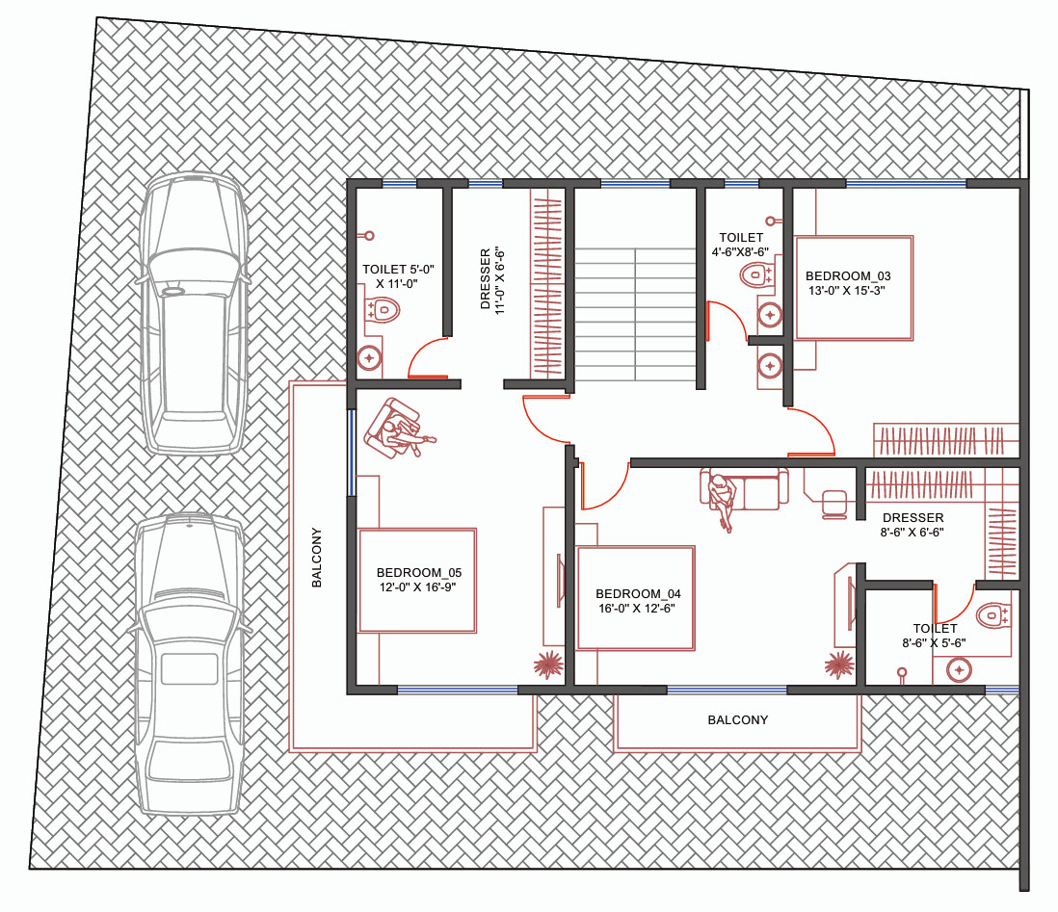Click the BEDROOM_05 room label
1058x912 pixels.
pyautogui.click(x=418, y=573)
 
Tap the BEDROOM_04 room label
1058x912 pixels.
pyautogui.click(x=638, y=593)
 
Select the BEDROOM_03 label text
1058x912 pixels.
pyautogui.click(x=848, y=275)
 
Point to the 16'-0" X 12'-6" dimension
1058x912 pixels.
pyautogui.click(x=636, y=609)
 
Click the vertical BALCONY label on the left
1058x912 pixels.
pyautogui.click(x=316, y=558)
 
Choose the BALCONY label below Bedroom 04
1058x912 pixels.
pyautogui.click(x=737, y=719)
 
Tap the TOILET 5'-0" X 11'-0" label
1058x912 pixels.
pyautogui.click(x=398, y=276)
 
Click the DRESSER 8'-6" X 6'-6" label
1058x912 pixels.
pyautogui.click(x=913, y=525)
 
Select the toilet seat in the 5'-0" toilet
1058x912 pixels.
pyautogui.click(x=382, y=310)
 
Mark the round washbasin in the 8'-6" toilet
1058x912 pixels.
pyautogui.click(x=959, y=670)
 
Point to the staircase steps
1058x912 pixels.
pyautogui.click(x=635, y=314)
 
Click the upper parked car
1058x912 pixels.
pyautogui.click(x=193, y=313)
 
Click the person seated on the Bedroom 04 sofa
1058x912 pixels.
pyautogui.click(x=722, y=499)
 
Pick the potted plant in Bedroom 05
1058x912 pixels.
pyautogui.click(x=548, y=664)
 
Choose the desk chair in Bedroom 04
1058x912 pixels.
pyautogui.click(x=834, y=505)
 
